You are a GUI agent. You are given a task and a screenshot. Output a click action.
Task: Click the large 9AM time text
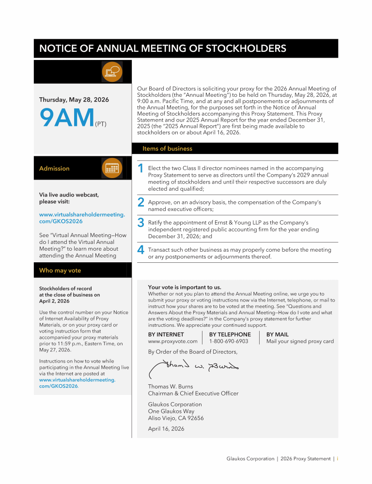tap(67, 119)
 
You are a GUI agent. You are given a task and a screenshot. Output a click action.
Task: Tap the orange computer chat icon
tap(112, 72)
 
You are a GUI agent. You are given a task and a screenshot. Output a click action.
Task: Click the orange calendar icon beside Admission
tap(112, 168)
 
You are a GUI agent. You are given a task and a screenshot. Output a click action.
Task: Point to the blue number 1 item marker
tap(140, 168)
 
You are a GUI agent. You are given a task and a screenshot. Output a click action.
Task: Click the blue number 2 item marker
tap(140, 202)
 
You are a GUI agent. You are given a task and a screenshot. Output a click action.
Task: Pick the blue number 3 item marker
tap(140, 223)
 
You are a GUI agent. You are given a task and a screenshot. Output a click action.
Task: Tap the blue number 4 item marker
tap(140, 250)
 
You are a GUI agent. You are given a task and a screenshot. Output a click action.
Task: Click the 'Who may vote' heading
tap(60, 271)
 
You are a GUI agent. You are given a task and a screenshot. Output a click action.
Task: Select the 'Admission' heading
tap(54, 168)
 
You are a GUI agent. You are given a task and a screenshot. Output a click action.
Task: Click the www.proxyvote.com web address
tap(172, 341)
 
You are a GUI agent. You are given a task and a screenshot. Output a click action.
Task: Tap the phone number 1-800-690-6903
tap(229, 341)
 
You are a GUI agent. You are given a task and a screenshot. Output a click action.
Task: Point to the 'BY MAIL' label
tap(278, 334)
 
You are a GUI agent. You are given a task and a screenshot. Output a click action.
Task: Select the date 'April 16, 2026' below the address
tap(166, 429)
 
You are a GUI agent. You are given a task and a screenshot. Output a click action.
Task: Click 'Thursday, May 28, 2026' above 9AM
tap(74, 100)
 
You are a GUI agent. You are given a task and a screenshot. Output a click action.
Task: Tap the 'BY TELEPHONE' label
tap(230, 334)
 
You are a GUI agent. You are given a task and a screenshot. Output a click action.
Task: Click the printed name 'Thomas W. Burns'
tap(170, 387)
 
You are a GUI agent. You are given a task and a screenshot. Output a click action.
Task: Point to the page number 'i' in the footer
tap(337, 459)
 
